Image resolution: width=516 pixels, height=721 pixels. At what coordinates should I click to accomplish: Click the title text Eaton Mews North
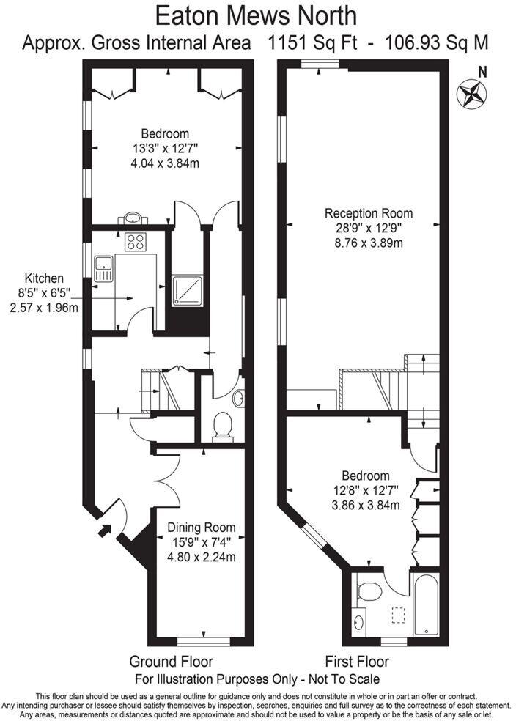click(257, 15)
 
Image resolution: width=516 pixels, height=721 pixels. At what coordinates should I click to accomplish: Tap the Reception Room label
click(368, 214)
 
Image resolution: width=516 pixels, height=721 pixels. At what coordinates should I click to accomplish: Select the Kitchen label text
click(44, 278)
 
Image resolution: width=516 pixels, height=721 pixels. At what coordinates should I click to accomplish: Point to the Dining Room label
click(201, 527)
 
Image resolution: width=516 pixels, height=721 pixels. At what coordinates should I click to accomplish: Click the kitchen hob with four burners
click(136, 241)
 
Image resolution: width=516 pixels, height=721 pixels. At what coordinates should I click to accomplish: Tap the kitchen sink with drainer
click(103, 268)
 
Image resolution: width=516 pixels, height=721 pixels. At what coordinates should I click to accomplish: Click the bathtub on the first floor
click(427, 604)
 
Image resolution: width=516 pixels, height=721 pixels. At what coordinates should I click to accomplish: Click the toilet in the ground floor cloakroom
click(221, 425)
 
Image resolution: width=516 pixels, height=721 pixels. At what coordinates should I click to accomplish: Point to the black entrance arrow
click(106, 529)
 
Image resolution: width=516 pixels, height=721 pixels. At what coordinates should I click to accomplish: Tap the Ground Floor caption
click(172, 662)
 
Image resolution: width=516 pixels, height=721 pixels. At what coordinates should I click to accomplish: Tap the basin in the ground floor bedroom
click(133, 218)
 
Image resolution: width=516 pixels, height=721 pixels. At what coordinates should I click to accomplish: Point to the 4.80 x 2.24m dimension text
click(201, 556)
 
